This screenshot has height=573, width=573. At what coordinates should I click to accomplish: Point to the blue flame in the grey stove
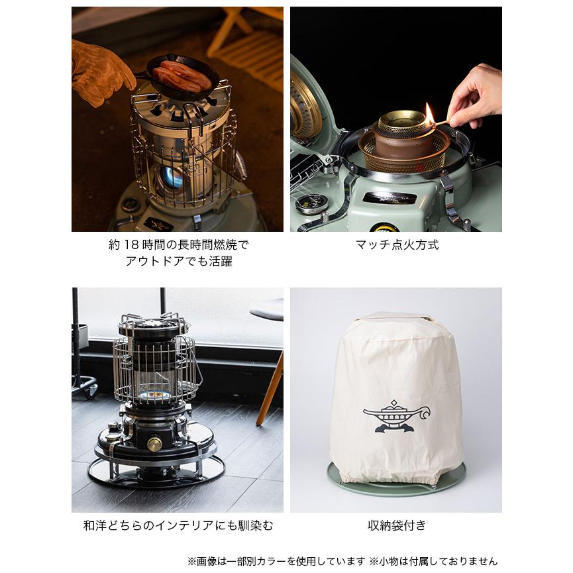click(x=173, y=177)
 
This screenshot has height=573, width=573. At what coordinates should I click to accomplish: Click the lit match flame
click(x=430, y=113)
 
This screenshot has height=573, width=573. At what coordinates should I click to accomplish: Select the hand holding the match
click(x=475, y=96)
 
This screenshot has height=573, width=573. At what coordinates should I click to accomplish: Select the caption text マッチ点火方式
click(x=397, y=245)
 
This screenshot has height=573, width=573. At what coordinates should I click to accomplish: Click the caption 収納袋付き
click(x=397, y=526)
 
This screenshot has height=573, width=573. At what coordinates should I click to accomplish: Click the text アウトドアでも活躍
click(x=179, y=262)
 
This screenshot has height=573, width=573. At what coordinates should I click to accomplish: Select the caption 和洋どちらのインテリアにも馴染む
click(x=178, y=526)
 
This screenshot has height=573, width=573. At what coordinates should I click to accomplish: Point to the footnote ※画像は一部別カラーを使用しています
click(x=276, y=561)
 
